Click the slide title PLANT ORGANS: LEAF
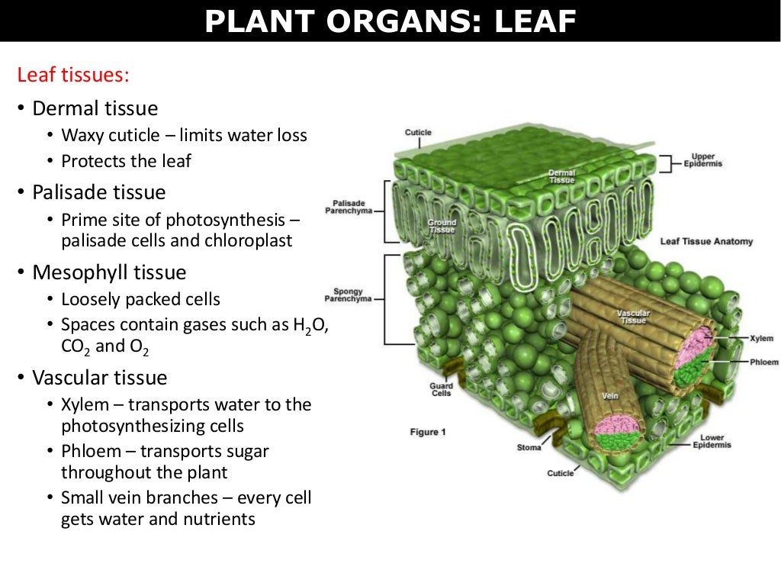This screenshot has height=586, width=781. pyautogui.click(x=390, y=21)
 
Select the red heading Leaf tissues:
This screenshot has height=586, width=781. pyautogui.click(x=73, y=76)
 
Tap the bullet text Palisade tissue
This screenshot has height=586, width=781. pyautogui.click(x=98, y=192)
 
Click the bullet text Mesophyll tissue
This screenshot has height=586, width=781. pyautogui.click(x=109, y=272)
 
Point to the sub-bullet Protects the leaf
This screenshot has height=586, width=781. pyautogui.click(x=126, y=161)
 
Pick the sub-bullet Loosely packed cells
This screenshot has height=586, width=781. pyautogui.click(x=140, y=299)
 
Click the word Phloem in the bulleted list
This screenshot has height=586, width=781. pyautogui.click(x=90, y=451)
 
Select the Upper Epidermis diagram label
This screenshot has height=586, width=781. pyautogui.click(x=702, y=159)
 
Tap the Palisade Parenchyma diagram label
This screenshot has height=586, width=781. pyautogui.click(x=349, y=207)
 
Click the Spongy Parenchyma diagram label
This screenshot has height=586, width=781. pyautogui.click(x=349, y=295)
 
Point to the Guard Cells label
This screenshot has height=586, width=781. pyautogui.click(x=441, y=389)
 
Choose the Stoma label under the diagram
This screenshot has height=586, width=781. pyautogui.click(x=529, y=447)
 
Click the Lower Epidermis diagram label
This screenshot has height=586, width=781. pyautogui.click(x=712, y=441)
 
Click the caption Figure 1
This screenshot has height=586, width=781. pyautogui.click(x=429, y=432)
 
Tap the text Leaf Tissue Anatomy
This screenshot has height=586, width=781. pyautogui.click(x=706, y=241)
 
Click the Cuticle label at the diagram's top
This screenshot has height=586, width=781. pyautogui.click(x=418, y=133)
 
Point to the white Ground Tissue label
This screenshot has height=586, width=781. pyautogui.click(x=442, y=226)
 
